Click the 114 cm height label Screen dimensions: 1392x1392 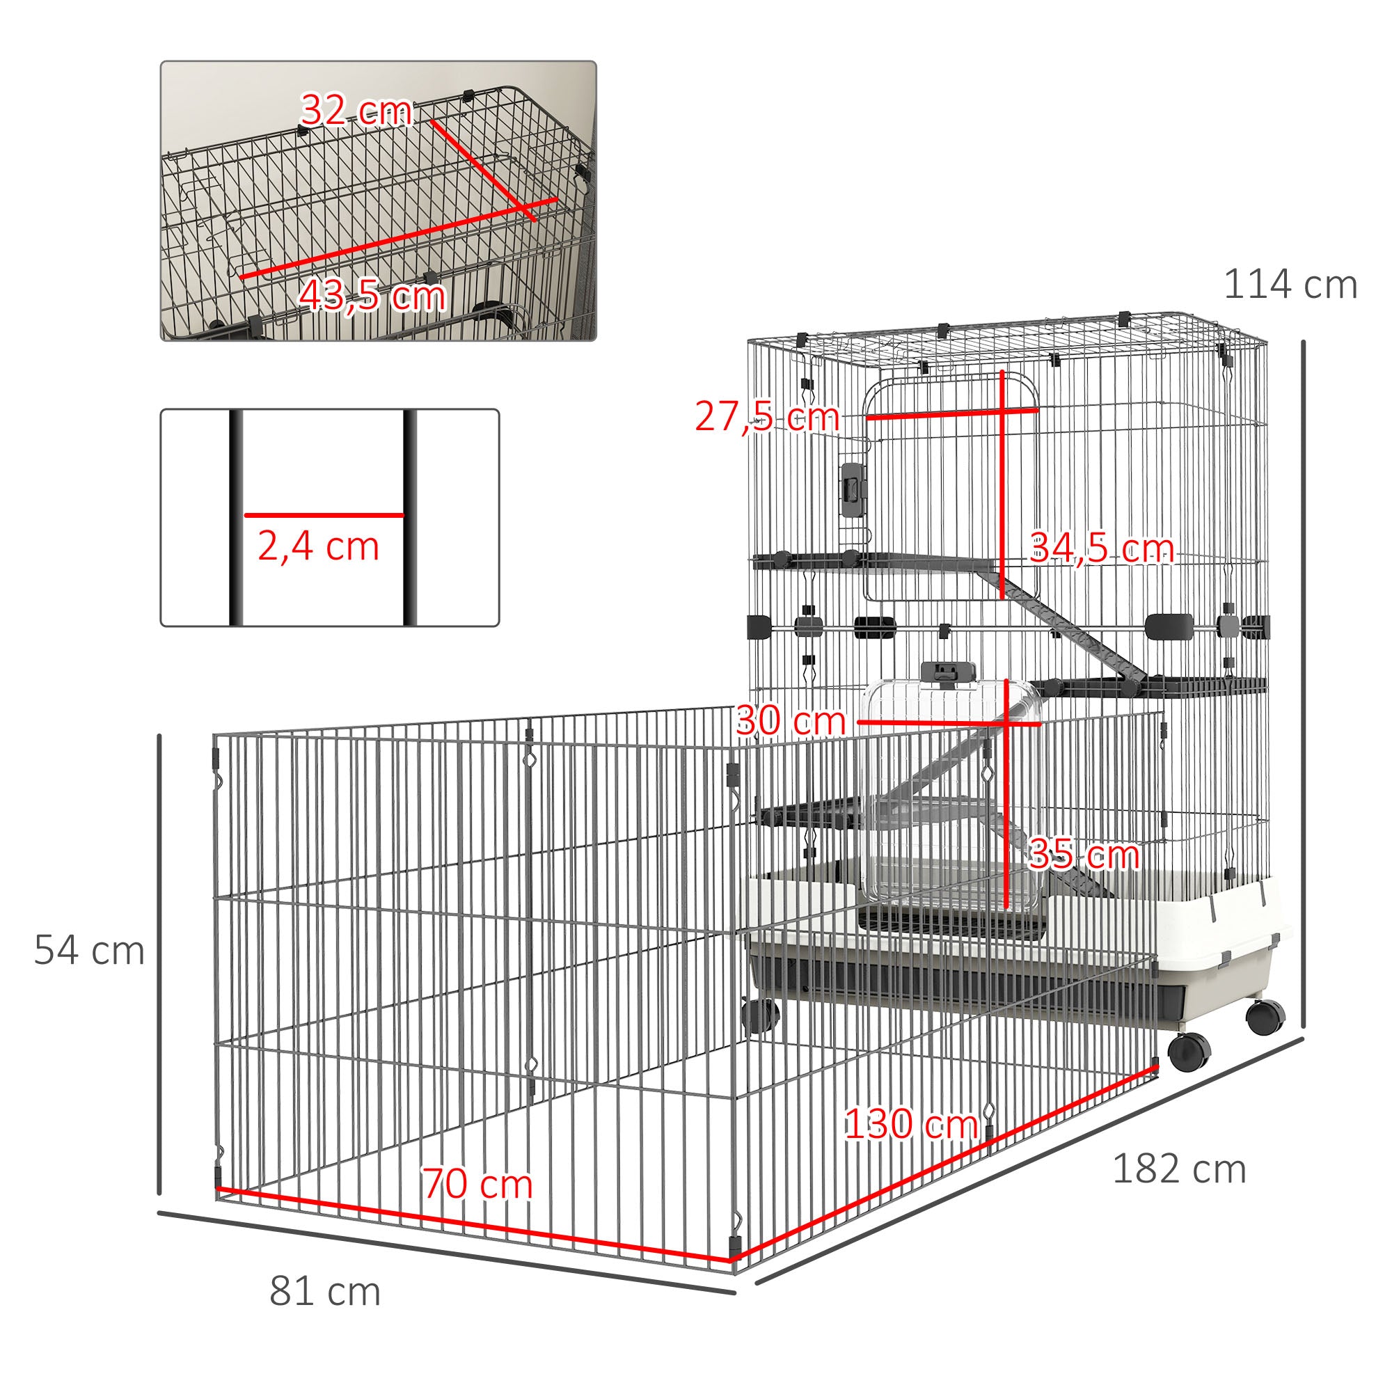(1290, 285)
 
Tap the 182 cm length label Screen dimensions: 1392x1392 (1179, 1169)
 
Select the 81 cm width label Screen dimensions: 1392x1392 (325, 1291)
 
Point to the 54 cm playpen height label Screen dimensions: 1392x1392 (89, 950)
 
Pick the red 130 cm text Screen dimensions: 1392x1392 (910, 1123)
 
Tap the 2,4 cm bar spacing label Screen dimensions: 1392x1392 (319, 547)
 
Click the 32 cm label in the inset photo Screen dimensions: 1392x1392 (356, 111)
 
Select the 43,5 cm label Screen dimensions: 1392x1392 (372, 295)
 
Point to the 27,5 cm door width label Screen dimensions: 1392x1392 (766, 417)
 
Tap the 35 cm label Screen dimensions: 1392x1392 (1084, 855)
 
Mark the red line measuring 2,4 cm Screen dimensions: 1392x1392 (324, 515)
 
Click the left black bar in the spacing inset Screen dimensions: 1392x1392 (237, 517)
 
